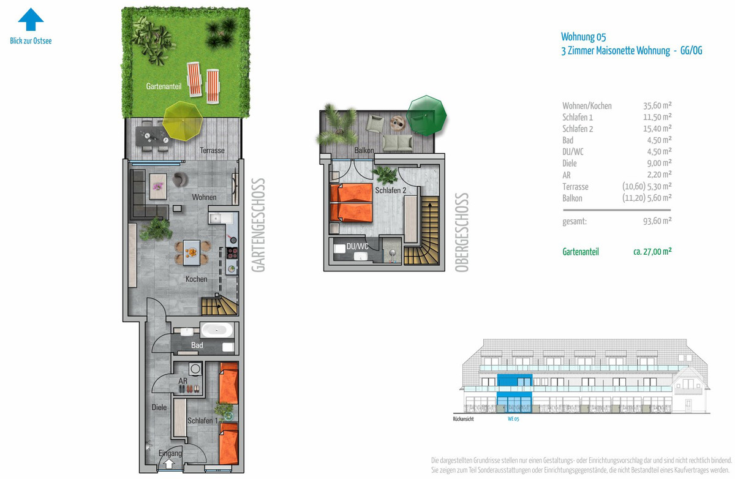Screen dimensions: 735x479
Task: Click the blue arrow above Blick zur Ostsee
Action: point(31,19)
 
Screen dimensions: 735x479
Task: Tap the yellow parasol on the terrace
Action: point(183,121)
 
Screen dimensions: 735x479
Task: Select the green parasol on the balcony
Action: point(426,115)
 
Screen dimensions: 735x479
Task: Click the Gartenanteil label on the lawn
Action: point(164,86)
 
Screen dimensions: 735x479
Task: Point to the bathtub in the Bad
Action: point(217,330)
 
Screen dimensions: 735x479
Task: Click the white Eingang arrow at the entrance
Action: point(169,464)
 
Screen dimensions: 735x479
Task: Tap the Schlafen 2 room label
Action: point(391,190)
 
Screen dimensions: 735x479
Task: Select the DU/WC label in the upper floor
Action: point(357,246)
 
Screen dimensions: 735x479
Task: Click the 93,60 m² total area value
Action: point(657,221)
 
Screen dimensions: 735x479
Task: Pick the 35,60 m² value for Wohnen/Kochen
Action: point(657,105)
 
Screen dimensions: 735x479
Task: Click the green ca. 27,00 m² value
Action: point(652,252)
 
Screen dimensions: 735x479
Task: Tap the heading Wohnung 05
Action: point(583,37)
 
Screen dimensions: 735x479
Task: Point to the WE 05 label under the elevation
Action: point(513,419)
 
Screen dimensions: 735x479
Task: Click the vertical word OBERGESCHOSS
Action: point(462,233)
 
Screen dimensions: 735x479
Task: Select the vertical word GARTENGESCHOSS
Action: point(258,225)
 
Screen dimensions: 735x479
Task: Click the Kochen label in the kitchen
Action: point(196,279)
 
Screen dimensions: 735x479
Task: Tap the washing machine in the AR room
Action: point(195,369)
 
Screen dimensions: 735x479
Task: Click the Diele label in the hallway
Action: point(159,407)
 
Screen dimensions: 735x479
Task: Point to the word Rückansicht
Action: point(463,419)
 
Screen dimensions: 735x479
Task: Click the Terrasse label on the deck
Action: point(212,151)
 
